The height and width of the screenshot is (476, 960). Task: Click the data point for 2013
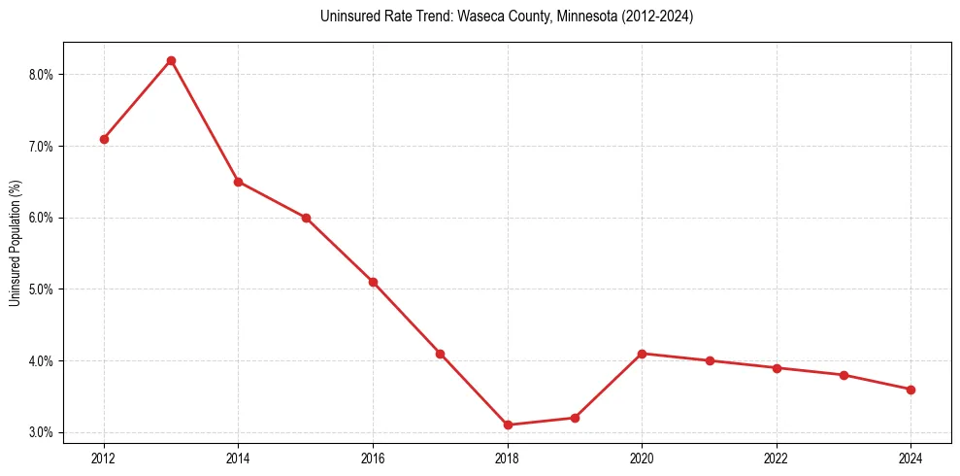click(x=171, y=60)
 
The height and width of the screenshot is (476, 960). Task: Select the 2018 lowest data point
click(x=508, y=425)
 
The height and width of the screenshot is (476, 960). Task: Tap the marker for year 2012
click(x=104, y=139)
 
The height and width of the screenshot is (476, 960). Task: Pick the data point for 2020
click(x=642, y=354)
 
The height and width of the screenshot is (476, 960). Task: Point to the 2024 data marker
click(x=910, y=390)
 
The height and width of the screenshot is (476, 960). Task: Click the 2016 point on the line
click(x=373, y=282)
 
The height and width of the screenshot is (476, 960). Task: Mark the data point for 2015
click(x=306, y=218)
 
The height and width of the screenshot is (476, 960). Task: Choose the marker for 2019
click(x=575, y=418)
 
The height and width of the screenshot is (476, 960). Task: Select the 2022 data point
click(x=777, y=368)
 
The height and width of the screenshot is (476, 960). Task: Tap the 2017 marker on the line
click(x=440, y=354)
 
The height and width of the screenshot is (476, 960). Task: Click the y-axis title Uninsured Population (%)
click(x=16, y=242)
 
